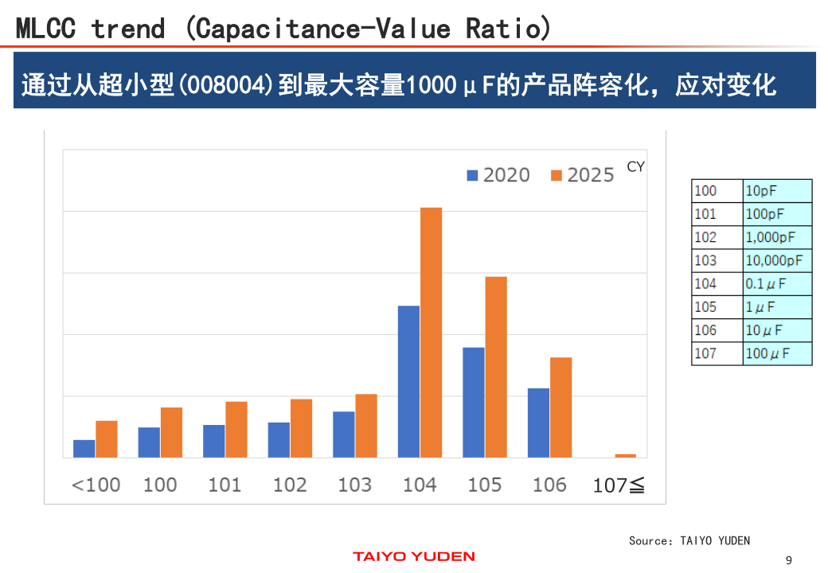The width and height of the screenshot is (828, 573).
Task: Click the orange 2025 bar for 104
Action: click(x=431, y=332)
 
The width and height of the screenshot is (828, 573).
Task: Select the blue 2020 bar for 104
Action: click(x=408, y=381)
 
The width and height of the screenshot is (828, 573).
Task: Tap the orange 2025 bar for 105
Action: click(x=496, y=367)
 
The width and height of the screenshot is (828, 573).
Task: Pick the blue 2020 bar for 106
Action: click(x=538, y=423)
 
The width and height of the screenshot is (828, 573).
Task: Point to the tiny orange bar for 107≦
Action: click(x=626, y=456)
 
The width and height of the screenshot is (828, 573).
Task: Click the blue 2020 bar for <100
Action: click(x=84, y=449)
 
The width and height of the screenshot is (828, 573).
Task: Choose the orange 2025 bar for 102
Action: click(x=301, y=428)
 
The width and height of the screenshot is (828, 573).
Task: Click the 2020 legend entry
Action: click(x=498, y=175)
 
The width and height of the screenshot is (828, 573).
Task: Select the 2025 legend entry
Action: click(x=582, y=175)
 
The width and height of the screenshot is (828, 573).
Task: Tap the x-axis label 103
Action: click(x=354, y=485)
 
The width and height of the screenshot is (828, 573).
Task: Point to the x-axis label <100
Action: click(x=96, y=485)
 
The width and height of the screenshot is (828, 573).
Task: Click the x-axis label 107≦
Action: click(x=619, y=485)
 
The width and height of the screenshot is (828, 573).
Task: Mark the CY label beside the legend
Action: click(x=635, y=167)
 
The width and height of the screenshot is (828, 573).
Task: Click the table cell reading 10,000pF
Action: click(x=774, y=260)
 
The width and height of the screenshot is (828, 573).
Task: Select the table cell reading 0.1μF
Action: click(x=766, y=283)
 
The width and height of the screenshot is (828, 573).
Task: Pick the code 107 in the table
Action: click(x=705, y=353)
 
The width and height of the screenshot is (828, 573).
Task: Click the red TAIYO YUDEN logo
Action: click(x=414, y=556)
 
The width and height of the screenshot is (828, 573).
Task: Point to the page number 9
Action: click(x=789, y=560)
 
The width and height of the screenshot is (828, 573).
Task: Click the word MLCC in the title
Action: click(x=45, y=29)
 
